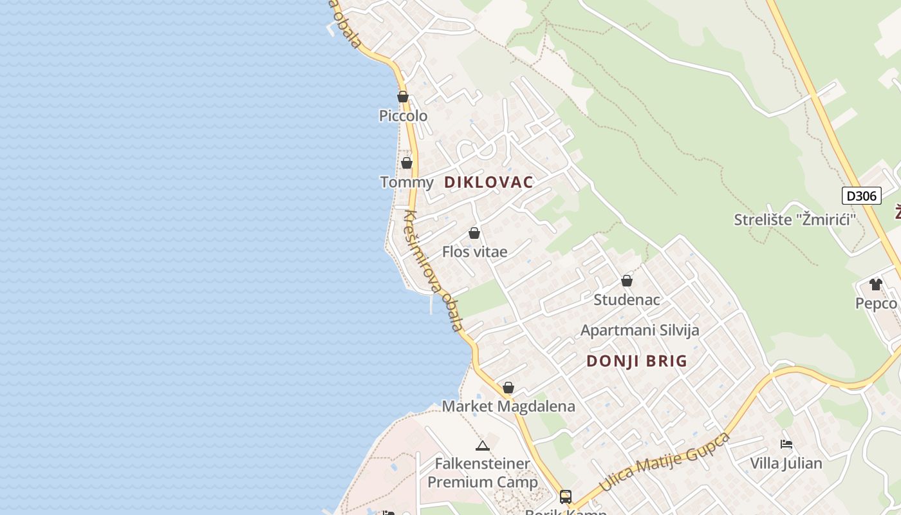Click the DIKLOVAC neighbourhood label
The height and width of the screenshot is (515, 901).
tap(489, 182)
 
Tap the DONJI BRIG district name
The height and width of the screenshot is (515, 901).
tap(637, 361)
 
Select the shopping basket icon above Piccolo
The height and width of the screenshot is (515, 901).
tap(403, 97)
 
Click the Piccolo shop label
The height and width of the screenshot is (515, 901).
tap(403, 116)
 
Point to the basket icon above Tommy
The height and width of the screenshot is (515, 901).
tap(407, 163)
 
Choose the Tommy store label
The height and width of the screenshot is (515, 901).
tap(407, 182)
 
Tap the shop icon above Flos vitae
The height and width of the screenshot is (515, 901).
tap(474, 233)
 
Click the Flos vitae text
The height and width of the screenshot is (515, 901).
tap(474, 252)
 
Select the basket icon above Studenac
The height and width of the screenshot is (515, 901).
tap(627, 281)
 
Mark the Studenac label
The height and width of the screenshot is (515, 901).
tap(627, 300)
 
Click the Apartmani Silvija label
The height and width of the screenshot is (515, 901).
tap(640, 330)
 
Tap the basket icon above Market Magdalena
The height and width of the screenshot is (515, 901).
tap(508, 388)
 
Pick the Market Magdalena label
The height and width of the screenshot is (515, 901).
tap(508, 407)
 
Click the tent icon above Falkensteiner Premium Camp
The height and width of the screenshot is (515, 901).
tap(483, 445)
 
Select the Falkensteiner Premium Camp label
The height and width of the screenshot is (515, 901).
tap(483, 473)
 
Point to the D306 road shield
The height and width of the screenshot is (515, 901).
tap(861, 196)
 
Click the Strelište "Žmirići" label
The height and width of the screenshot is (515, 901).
tap(795, 220)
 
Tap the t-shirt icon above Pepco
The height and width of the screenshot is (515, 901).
tap(875, 284)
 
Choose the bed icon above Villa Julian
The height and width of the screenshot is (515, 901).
tap(786, 444)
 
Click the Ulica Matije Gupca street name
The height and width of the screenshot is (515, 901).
tap(665, 462)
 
